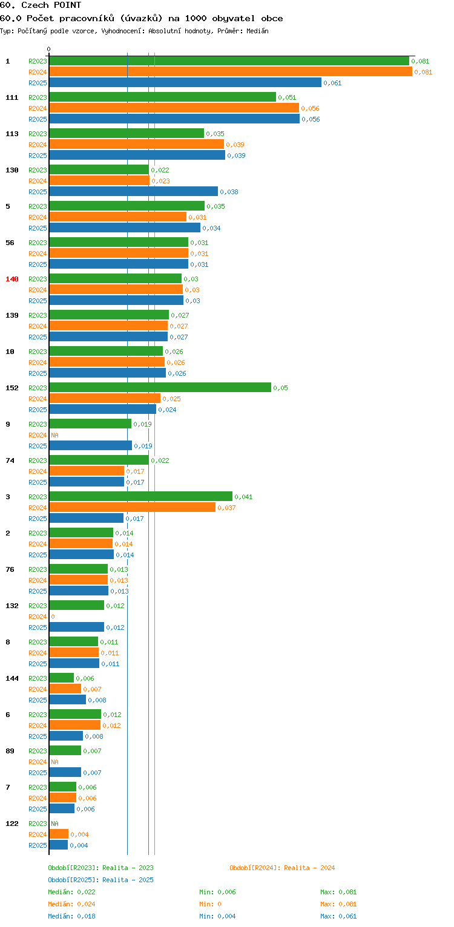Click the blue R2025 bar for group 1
pyautogui.click(x=185, y=83)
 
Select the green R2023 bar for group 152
pyautogui.click(x=160, y=388)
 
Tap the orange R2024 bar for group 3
pyautogui.click(x=133, y=507)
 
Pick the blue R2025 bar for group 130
pyautogui.click(x=134, y=192)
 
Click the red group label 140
pyautogui.click(x=12, y=279)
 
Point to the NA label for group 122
pyautogui.click(x=54, y=824)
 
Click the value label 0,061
pyautogui.click(x=332, y=83)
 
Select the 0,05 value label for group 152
pyautogui.click(x=281, y=388)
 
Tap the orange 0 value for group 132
pyautogui.click(x=53, y=617)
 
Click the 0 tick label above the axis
pyautogui.click(x=48, y=49)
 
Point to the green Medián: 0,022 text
pyautogui.click(x=71, y=892)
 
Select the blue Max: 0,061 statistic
pyautogui.click(x=338, y=916)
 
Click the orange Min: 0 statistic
pyautogui.click(x=210, y=904)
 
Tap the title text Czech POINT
pyautogui.click(x=51, y=5)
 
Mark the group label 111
pyautogui.click(x=12, y=97)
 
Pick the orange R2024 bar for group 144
pyautogui.click(x=65, y=689)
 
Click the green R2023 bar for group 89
pyautogui.click(x=65, y=750)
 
